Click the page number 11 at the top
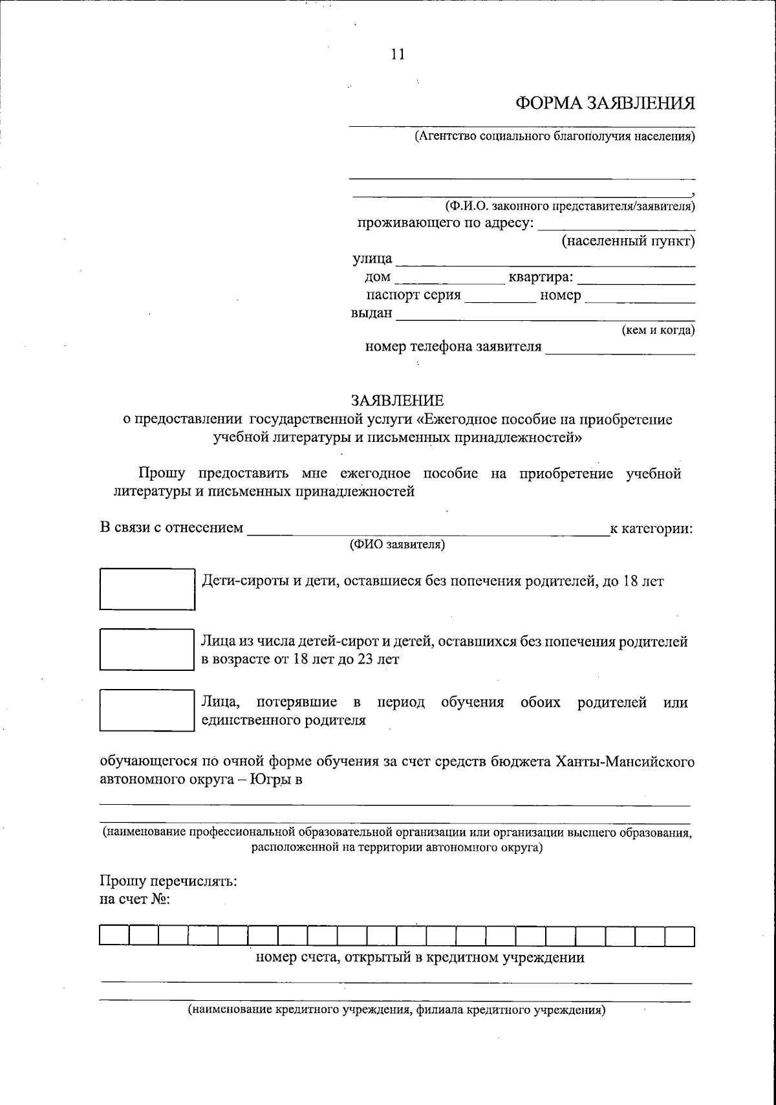point(398,54)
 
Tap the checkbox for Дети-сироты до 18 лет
point(147,589)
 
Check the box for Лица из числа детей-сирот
point(147,650)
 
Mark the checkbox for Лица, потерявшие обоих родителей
point(147,710)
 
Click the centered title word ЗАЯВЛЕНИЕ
point(398,400)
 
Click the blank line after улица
point(544,261)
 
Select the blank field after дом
point(449,279)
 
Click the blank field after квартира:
point(636,279)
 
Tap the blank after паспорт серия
point(500,297)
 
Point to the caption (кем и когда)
point(658,331)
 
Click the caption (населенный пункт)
point(627,241)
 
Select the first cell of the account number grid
point(114,935)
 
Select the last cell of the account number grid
point(679,935)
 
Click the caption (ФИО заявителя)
point(397,545)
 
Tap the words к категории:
point(651,529)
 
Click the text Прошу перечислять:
point(168,881)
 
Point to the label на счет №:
point(135,899)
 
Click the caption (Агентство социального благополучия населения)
point(554,137)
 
